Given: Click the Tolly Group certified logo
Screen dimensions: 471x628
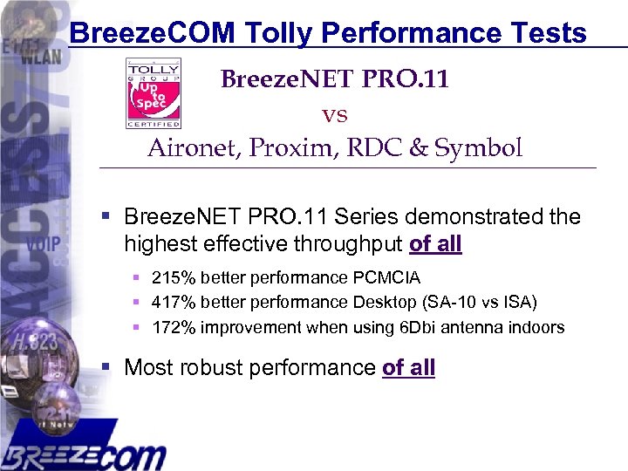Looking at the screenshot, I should (x=154, y=92).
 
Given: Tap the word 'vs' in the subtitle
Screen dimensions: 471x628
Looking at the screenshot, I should (x=335, y=114).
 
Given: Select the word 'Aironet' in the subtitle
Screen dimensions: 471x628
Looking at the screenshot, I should (x=194, y=148).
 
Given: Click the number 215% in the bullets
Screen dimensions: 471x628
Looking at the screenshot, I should (x=174, y=278).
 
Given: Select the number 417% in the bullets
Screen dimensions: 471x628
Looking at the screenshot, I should (x=174, y=303).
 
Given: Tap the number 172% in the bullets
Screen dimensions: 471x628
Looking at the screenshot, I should (x=174, y=328).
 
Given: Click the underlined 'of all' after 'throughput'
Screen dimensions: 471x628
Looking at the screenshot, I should (x=435, y=244).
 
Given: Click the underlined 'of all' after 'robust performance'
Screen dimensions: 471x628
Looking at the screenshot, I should (x=408, y=367).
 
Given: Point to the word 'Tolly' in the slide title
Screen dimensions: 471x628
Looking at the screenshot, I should (x=280, y=33).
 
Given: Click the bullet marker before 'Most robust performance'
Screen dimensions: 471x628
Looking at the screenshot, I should (x=106, y=367).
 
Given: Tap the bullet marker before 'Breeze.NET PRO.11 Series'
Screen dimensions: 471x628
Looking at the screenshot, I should (x=106, y=215).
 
